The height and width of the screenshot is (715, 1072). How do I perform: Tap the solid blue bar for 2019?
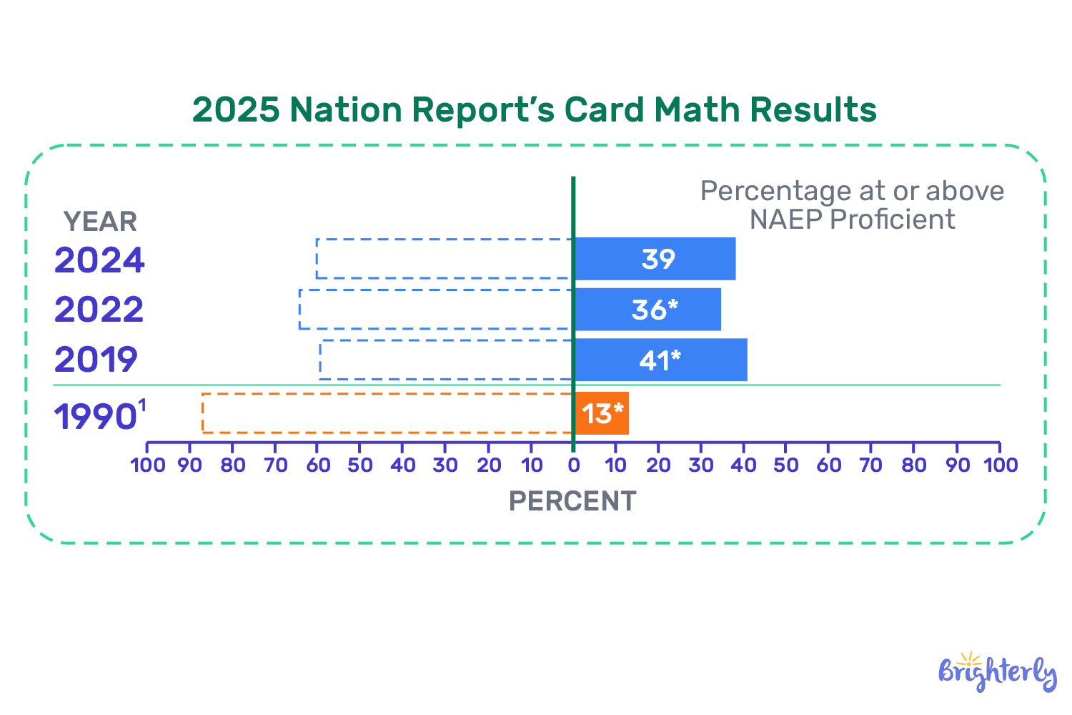tap(660, 360)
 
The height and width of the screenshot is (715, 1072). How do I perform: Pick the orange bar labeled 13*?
tap(602, 413)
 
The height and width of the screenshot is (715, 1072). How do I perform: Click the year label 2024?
tap(99, 260)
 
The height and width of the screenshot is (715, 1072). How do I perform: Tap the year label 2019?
tap(96, 360)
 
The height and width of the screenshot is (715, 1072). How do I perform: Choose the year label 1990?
tap(96, 417)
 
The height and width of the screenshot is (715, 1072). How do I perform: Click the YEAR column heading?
tap(100, 222)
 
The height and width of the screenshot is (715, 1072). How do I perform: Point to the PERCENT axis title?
tap(572, 501)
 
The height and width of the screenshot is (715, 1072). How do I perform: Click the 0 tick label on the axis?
tap(573, 465)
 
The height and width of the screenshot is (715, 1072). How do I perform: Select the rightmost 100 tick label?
tap(1000, 465)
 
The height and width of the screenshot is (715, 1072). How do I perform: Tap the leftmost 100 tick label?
tap(147, 465)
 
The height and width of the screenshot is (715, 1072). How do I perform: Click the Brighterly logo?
tap(997, 672)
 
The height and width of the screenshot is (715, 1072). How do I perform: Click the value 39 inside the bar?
tap(658, 259)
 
